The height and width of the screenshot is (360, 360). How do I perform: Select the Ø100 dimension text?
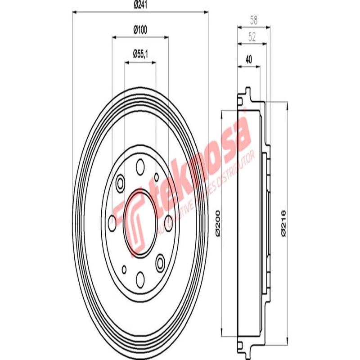pos(140,30)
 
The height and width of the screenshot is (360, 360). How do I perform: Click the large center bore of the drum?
pos(140,220)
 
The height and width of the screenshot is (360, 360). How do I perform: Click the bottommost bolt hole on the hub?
pos(140,277)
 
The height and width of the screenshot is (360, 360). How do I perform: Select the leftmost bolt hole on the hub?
pos(112,220)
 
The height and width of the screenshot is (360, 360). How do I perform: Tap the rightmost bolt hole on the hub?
pos(168,220)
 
